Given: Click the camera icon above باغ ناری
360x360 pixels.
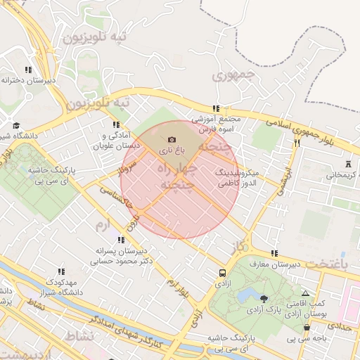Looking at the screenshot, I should tap(172, 140).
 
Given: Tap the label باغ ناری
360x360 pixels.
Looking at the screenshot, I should tap(172, 150).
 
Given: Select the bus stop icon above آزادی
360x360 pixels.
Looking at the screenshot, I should tap(222, 272).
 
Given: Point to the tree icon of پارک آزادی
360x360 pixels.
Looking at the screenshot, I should tap(264, 299).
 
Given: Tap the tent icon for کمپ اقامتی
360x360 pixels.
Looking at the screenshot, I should tap(304, 292).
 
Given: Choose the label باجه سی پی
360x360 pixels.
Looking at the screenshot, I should tap(307, 339).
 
